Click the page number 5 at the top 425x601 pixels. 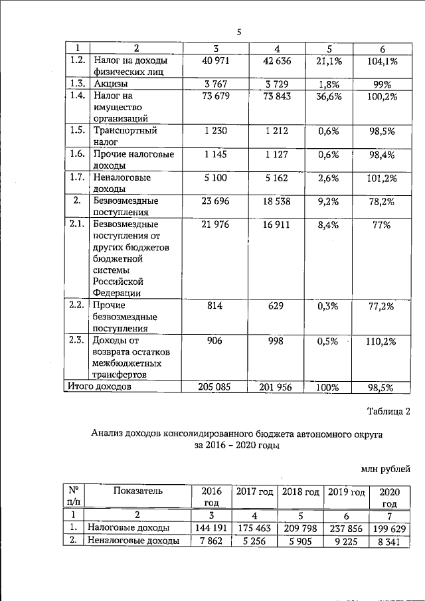tap(239, 30)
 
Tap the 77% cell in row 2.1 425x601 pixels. tap(382, 226)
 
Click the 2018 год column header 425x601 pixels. tap(299, 492)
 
